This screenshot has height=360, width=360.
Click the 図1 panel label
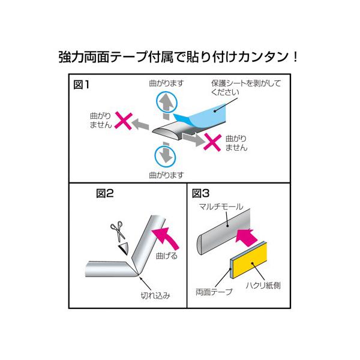[81, 85]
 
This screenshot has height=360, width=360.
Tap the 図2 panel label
[104, 193]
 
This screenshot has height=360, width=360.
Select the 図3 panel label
[200, 193]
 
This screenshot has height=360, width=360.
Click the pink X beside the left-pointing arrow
[124, 121]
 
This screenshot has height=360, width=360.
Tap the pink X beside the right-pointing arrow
[212, 142]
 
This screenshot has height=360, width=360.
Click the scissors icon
[118, 231]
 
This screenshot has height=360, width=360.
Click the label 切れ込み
[155, 295]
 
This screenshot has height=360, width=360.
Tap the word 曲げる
[166, 256]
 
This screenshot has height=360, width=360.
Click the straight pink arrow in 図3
[245, 238]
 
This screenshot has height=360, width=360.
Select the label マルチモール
[221, 206]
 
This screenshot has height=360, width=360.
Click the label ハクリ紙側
[263, 286]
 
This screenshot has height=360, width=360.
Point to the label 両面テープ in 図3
[214, 292]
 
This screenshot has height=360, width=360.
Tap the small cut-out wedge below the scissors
[124, 248]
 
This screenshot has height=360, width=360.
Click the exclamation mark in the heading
[295, 57]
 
